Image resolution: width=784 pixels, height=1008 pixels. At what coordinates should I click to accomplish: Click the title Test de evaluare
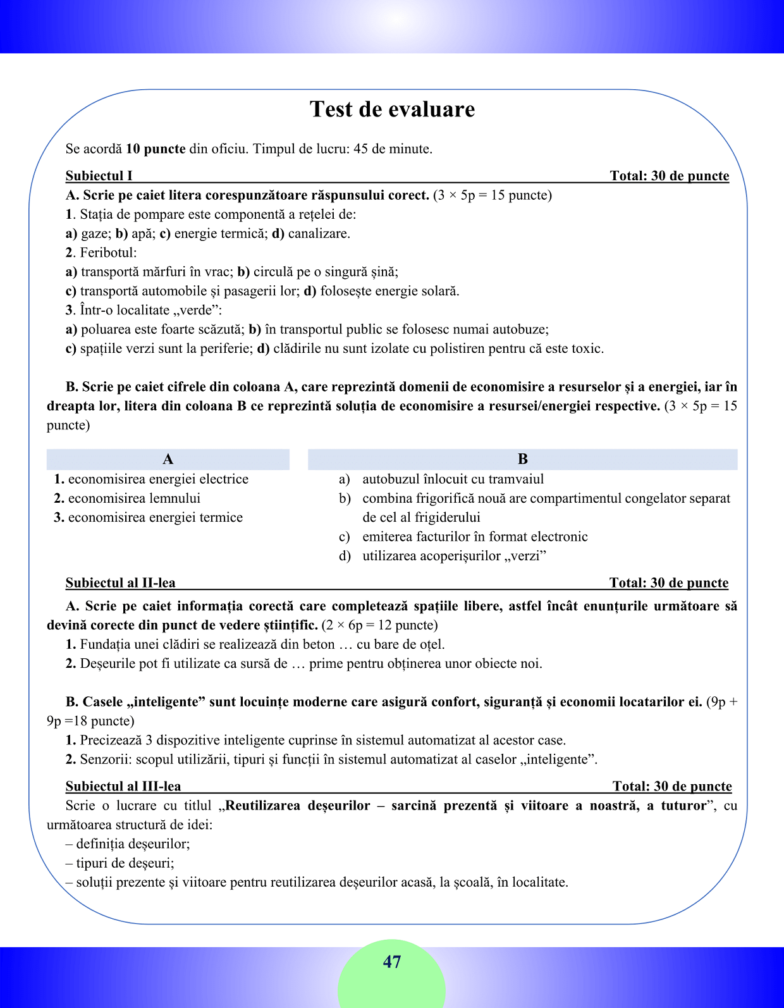[392, 109]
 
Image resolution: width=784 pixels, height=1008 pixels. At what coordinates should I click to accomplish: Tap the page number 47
[392, 962]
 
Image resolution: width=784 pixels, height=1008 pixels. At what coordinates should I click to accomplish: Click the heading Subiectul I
[99, 176]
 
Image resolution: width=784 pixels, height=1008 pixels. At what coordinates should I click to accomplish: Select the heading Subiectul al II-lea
[121, 582]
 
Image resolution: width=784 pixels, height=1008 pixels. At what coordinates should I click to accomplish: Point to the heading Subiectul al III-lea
[123, 786]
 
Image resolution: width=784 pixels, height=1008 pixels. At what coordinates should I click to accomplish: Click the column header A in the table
[168, 459]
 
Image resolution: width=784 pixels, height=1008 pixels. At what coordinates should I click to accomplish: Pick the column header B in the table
[522, 459]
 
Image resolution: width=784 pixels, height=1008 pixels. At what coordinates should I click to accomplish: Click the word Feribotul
[108, 253]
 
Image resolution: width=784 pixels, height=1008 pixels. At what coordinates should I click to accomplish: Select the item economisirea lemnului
[134, 498]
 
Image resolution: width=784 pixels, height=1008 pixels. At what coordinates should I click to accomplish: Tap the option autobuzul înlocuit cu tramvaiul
[453, 479]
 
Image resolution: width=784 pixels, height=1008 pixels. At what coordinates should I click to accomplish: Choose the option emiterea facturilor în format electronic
[475, 537]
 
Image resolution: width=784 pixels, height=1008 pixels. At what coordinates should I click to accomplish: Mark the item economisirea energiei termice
[155, 517]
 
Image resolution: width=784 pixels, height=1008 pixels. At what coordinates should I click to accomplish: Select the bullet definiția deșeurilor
[133, 844]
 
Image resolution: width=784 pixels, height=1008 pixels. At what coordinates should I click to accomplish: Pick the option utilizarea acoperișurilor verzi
[454, 556]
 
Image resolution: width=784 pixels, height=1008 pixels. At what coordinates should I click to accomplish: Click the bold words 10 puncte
[156, 149]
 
